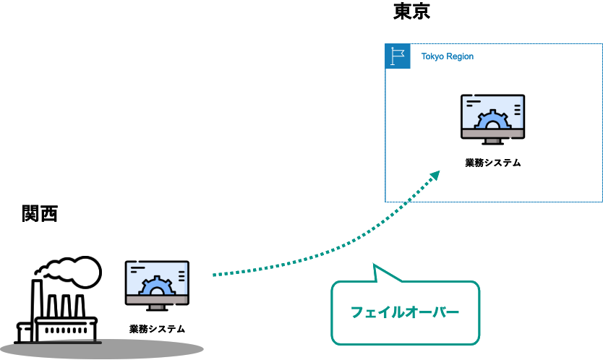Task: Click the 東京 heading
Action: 411,11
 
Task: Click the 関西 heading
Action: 40,213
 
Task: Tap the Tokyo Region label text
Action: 448,56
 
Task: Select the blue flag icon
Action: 398,56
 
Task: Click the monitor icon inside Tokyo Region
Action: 492,119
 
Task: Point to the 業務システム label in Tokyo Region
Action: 493,163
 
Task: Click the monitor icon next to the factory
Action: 157,286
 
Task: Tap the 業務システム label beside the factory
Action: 158,329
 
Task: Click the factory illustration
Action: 58,300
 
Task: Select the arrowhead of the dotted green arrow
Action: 435,176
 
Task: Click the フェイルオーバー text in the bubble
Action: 405,312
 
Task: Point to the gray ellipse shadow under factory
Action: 102,349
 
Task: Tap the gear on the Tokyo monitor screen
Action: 492,119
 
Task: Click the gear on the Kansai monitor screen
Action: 157,286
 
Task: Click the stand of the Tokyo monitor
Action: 492,142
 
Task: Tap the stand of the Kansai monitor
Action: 157,308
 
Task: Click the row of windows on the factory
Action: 66,330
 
